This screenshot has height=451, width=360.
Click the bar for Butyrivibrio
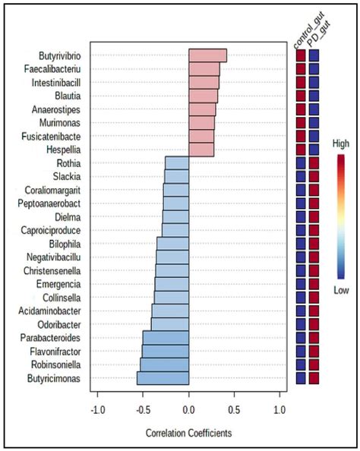tap(207, 55)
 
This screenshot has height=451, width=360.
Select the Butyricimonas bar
tap(163, 378)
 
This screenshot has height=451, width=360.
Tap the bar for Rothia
tap(177, 163)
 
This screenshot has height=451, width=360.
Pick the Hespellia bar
tap(201, 150)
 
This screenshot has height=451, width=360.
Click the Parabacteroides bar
tap(166, 338)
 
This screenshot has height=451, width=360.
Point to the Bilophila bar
tap(172, 244)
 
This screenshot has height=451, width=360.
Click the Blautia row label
tap(66, 96)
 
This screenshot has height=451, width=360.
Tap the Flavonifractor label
tap(55, 352)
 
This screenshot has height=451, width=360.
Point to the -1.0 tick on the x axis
tap(96, 410)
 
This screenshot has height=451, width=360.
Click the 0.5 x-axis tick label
tap(234, 410)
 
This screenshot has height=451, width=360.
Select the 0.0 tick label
tap(188, 410)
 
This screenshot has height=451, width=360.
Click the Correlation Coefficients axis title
tap(188, 434)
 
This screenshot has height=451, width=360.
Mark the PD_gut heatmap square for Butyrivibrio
tap(314, 56)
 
